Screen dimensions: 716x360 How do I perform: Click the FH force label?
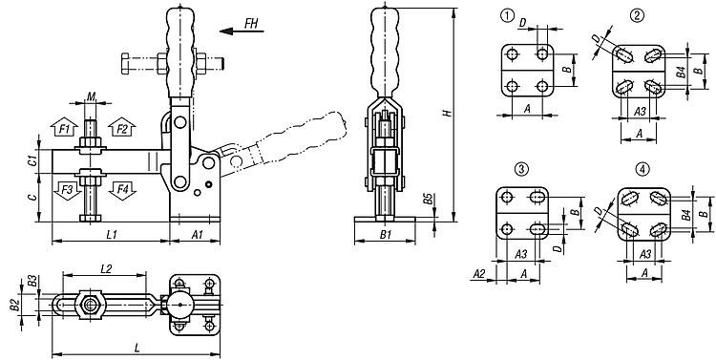(x=251, y=23)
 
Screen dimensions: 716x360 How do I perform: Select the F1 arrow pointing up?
(x=64, y=127)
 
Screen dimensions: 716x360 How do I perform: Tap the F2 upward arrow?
(x=122, y=127)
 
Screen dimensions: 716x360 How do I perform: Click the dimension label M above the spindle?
(x=92, y=95)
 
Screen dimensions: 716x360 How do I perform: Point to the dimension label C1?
(x=32, y=160)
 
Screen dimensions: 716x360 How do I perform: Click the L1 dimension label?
(x=112, y=234)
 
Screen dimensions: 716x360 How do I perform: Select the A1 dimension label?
(x=198, y=234)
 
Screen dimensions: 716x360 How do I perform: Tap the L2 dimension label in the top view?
(x=105, y=269)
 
